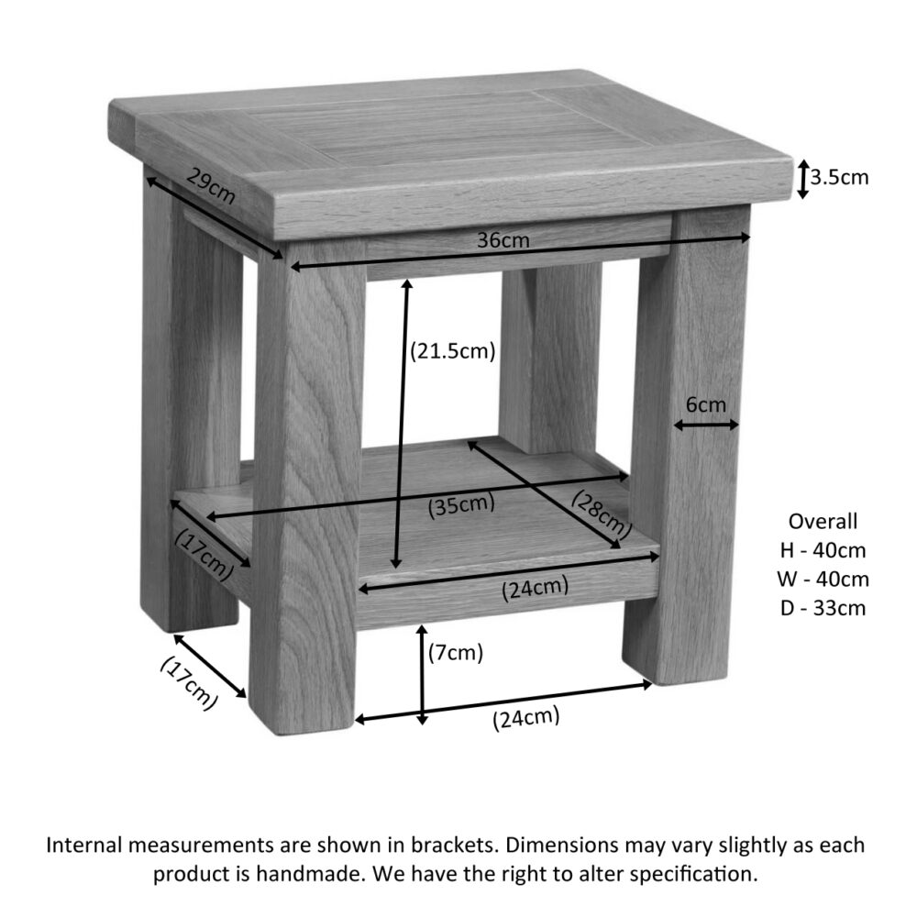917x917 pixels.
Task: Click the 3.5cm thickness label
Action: tap(839, 177)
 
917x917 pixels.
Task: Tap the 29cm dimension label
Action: tap(211, 185)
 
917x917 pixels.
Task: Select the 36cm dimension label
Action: tap(503, 239)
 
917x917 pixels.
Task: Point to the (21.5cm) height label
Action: tap(453, 351)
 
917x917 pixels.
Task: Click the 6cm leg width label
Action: tap(706, 404)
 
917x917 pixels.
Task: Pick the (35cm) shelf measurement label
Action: tap(461, 505)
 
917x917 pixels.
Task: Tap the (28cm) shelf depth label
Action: tap(602, 514)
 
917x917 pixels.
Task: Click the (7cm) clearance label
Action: tap(456, 652)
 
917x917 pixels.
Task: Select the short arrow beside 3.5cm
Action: tap(803, 179)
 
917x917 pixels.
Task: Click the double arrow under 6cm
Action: tap(706, 425)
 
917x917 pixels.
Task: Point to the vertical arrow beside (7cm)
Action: tap(422, 675)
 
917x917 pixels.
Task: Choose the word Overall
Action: tap(823, 521)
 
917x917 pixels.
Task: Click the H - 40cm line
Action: tap(823, 550)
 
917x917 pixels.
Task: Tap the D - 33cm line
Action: tap(823, 608)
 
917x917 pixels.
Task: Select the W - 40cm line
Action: tap(823, 579)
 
